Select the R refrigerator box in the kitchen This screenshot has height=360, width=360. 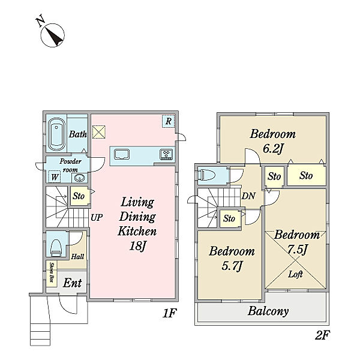point(168,121)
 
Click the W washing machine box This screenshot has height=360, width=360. point(55,177)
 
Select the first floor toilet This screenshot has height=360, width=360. point(56,248)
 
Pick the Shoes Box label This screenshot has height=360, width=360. point(52,272)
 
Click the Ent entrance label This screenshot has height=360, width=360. point(72,283)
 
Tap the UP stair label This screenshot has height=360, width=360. point(97,217)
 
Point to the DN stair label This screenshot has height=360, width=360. point(248,196)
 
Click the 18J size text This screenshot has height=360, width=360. point(137,246)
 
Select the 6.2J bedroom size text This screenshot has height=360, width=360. point(272,149)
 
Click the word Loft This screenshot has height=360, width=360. point(295,274)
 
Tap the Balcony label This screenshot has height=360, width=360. point(268,311)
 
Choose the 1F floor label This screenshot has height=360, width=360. point(169,313)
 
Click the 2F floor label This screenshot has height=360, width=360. point(322,335)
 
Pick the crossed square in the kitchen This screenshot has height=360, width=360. point(99,132)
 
